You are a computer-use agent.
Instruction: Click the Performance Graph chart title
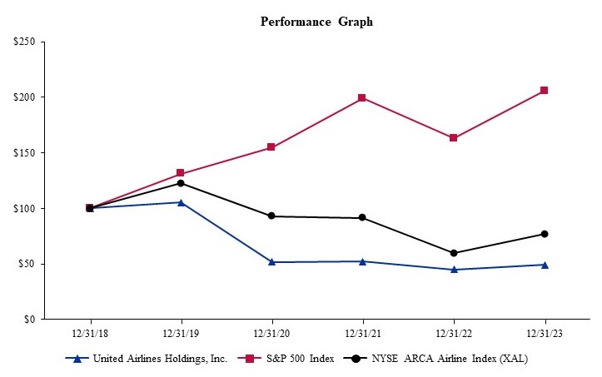[316, 22]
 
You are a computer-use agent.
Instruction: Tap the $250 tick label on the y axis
[23, 42]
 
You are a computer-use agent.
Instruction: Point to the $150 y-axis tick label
[23, 153]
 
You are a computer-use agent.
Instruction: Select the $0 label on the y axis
[28, 320]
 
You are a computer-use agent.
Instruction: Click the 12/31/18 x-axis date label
[90, 332]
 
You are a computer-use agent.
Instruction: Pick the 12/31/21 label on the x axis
[362, 332]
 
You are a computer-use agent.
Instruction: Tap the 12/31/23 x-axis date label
[545, 332]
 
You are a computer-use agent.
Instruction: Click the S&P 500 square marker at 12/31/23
[545, 90]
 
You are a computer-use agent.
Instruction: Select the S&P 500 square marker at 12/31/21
[362, 98]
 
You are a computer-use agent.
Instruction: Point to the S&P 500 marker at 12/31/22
[454, 138]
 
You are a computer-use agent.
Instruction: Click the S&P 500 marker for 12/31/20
[271, 147]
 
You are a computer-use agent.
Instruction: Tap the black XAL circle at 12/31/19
[181, 183]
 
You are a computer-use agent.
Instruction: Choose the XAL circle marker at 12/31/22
[454, 253]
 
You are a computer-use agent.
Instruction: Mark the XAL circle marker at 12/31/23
[545, 234]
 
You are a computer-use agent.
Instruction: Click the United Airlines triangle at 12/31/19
[181, 202]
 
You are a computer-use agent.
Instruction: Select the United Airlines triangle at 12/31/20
[271, 261]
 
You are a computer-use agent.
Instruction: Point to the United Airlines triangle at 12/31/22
[454, 269]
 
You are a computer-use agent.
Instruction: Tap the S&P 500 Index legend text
[301, 359]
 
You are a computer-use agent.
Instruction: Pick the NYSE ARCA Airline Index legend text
[450, 359]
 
